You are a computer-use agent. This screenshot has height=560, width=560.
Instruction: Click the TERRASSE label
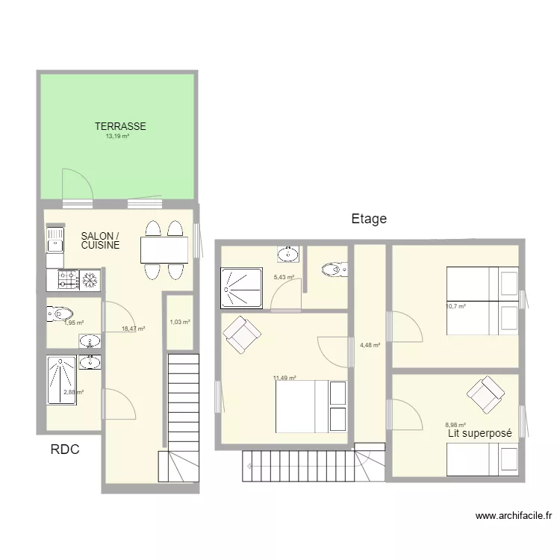point(120,126)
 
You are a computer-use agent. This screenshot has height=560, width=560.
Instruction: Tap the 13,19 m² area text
point(118,137)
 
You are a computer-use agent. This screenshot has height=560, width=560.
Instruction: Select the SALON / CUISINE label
point(100,240)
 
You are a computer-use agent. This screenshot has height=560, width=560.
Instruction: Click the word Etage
point(369,219)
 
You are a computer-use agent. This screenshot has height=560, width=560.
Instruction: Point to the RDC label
point(65,449)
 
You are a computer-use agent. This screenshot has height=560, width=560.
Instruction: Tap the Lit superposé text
point(479,433)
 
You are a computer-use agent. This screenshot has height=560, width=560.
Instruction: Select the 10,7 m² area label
point(455,306)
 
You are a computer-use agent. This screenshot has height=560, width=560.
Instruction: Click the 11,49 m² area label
point(284,378)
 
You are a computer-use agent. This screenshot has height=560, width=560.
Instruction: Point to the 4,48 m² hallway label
point(370,345)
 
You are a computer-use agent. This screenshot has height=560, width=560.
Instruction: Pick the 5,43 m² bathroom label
point(284,277)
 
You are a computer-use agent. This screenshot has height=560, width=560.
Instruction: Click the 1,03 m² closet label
point(180,323)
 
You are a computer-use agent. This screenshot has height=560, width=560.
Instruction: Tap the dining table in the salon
point(164,249)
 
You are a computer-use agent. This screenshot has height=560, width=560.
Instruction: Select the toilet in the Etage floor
point(331,269)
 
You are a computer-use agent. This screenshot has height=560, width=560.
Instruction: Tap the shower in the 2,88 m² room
point(60,382)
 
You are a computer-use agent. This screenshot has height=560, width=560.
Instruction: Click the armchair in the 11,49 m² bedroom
point(241,334)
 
